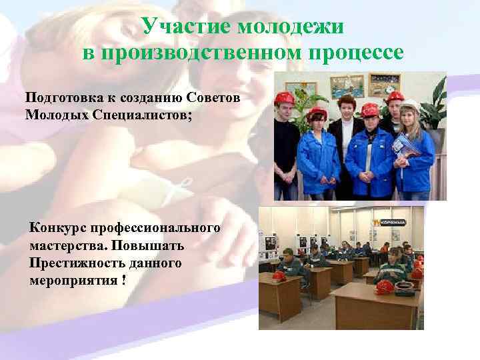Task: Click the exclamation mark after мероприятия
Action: tap(123, 280)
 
